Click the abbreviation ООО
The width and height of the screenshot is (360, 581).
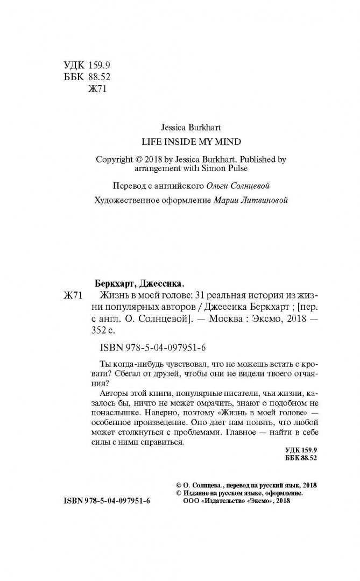click(186, 501)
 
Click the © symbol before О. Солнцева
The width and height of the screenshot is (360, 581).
click(179, 484)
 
